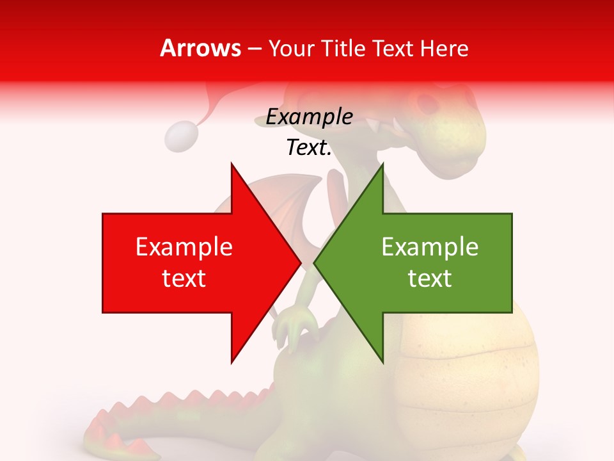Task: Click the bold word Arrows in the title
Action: pos(201,48)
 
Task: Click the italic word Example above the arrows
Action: pos(309,117)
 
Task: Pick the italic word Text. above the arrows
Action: pos(309,148)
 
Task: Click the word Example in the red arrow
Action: pos(184,247)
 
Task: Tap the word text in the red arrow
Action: pos(184,279)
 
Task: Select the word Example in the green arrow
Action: pos(430,247)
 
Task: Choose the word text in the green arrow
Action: pos(430,279)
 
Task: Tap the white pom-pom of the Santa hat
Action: pos(181,136)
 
